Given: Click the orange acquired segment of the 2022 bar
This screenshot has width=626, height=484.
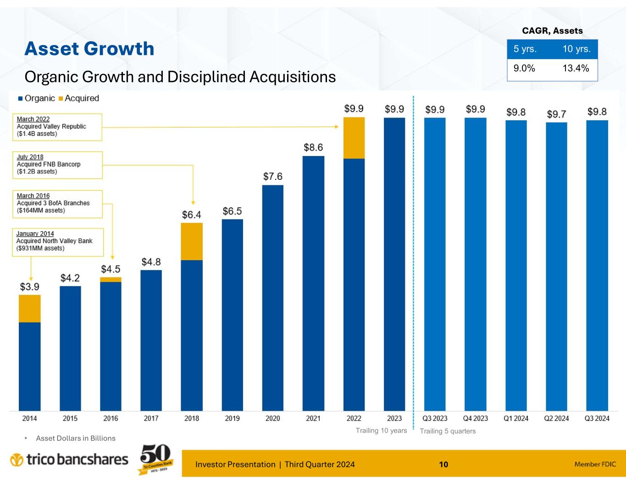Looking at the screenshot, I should tap(354, 138).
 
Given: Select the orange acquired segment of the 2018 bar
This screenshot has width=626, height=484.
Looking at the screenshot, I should tap(192, 241).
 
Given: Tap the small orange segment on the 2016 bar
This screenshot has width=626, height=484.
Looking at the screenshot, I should tap(111, 279).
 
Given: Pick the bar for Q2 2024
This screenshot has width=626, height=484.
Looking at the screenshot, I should tap(556, 266).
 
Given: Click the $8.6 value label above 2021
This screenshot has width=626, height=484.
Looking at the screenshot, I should tap(313, 147).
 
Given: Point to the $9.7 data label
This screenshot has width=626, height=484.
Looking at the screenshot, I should tap(556, 114).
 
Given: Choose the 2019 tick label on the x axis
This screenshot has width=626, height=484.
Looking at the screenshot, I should tap(232, 418).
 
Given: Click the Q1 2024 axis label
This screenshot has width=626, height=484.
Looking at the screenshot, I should tap(516, 418).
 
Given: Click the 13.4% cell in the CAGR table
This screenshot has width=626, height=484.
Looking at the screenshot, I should tap(576, 68).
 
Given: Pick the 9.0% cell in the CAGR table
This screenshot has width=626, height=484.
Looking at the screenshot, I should tap(524, 68).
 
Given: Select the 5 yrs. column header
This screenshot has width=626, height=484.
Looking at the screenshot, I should tap(525, 49).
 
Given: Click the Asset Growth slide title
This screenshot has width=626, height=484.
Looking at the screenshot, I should tap(89, 49).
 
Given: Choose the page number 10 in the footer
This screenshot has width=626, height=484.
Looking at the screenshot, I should tap(443, 464).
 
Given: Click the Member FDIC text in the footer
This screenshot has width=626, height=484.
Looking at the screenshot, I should tap(595, 464).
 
